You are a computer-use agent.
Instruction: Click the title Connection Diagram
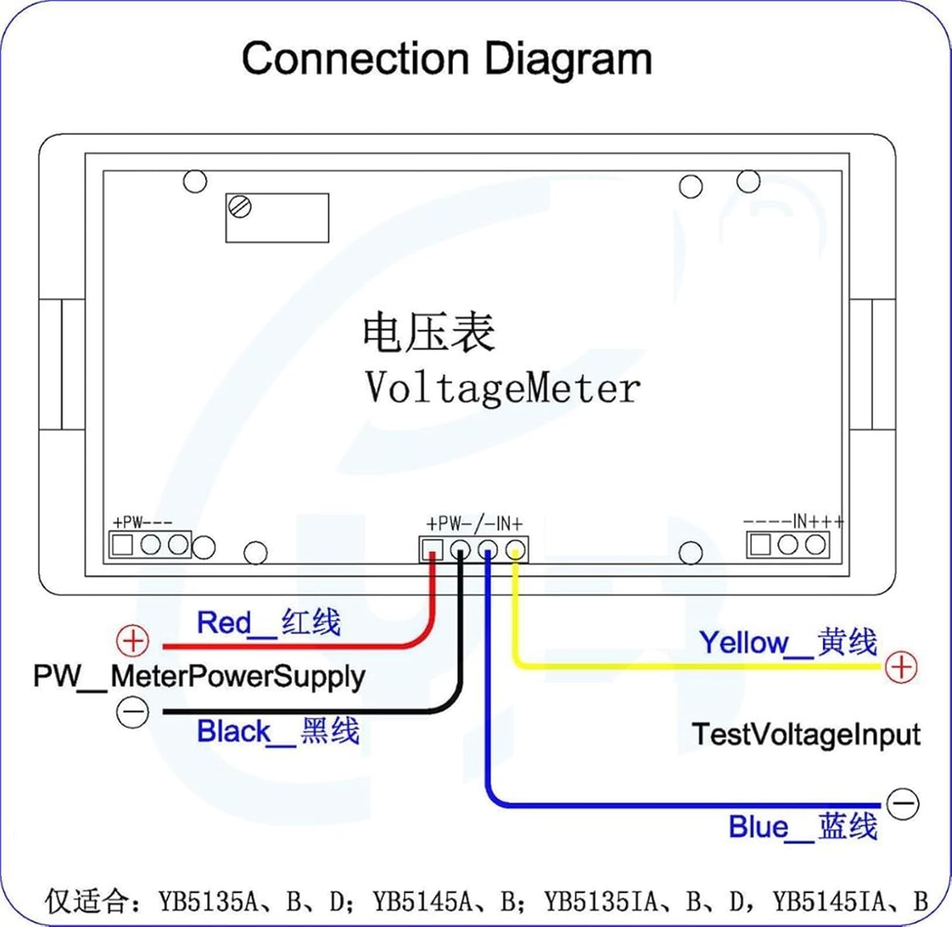(x=447, y=58)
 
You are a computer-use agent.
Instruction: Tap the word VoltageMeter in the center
(x=502, y=388)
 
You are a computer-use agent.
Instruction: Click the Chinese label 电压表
(x=428, y=332)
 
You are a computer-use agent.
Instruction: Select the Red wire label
(x=268, y=622)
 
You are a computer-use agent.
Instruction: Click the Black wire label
(x=278, y=732)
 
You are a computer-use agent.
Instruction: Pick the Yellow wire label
(x=788, y=643)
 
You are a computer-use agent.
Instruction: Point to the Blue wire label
(x=802, y=827)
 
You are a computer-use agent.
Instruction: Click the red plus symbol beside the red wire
(x=133, y=641)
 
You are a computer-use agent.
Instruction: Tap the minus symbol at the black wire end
(x=133, y=712)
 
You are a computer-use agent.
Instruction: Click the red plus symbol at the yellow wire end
(x=901, y=667)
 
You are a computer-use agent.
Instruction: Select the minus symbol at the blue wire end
(x=902, y=803)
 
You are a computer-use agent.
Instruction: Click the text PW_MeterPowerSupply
(x=199, y=676)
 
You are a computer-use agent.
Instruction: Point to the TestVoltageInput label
(x=805, y=735)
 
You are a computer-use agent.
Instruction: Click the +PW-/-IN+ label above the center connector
(x=474, y=524)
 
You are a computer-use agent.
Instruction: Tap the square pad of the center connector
(x=432, y=549)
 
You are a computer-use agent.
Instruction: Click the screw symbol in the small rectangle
(x=240, y=207)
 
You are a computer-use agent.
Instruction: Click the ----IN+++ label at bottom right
(x=794, y=522)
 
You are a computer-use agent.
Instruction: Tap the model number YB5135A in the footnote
(x=208, y=901)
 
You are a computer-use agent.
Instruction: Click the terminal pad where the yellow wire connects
(x=516, y=549)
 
